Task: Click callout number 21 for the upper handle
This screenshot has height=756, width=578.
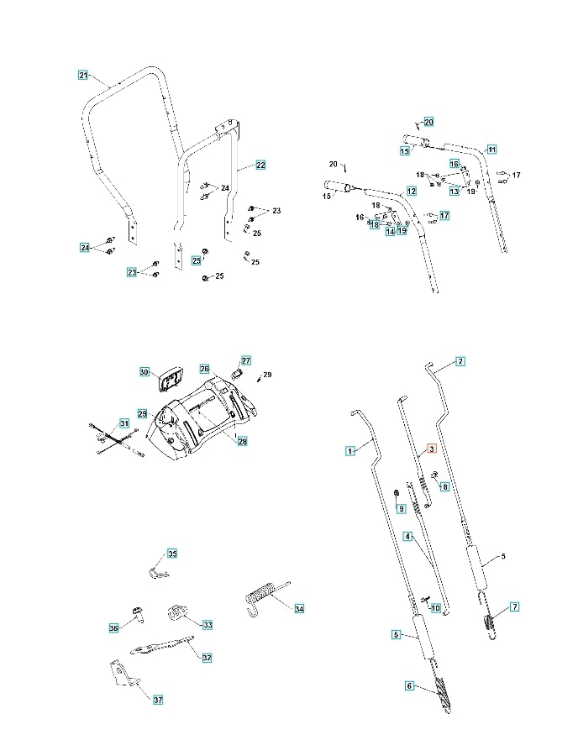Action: pos(83,76)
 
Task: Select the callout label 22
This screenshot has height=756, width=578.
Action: pos(260,165)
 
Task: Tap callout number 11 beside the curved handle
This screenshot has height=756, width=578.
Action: pos(491,149)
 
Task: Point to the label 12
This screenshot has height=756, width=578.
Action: pos(412,192)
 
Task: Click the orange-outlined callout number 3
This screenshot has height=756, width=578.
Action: pos(432,449)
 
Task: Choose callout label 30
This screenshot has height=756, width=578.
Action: pos(144,372)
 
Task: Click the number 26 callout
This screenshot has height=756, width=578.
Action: pos(204,369)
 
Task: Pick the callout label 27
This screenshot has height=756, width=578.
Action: pos(246,360)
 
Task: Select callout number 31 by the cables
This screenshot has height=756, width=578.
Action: pos(124,423)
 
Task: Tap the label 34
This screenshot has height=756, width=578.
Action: pos(299,608)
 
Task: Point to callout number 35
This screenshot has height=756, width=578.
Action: pos(172,554)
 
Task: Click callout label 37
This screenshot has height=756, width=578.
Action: pos(157,699)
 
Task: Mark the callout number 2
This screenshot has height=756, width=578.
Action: pos(460,361)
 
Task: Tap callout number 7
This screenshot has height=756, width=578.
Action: pos(514,606)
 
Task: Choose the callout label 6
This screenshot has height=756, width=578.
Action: pos(410,685)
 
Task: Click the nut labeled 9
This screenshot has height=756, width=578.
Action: pos(397,492)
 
